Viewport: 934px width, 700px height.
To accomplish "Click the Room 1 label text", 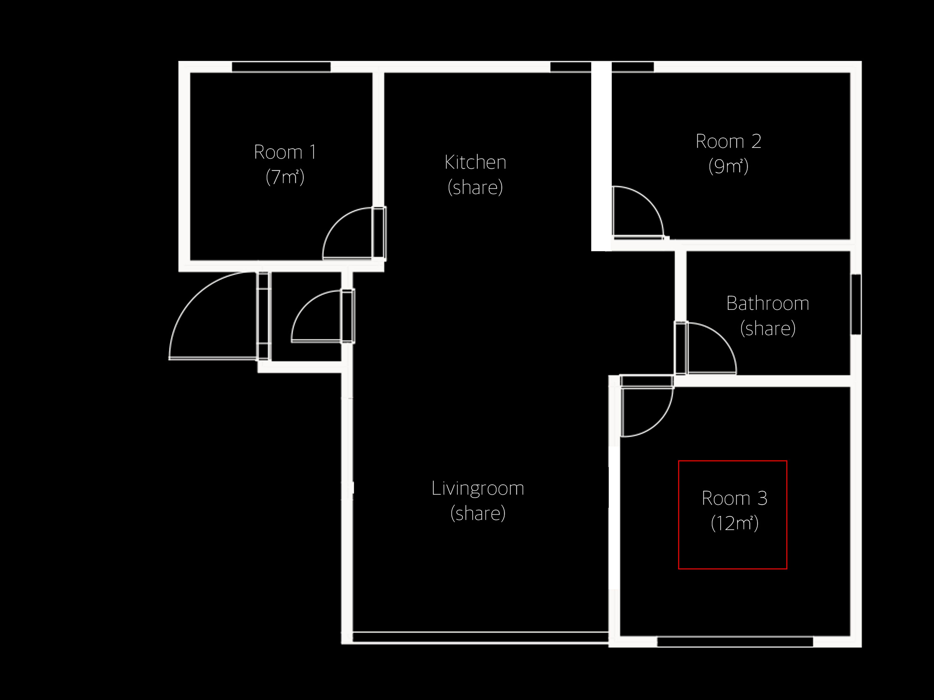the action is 285,152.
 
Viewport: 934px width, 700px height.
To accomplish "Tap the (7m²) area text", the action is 285,177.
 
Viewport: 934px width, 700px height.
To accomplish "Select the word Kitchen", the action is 476,162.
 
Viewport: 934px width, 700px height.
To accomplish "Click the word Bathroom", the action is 768,303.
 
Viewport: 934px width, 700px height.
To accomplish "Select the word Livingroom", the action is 477,489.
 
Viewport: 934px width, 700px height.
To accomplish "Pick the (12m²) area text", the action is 735,523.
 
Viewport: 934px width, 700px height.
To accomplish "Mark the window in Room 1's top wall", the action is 281,67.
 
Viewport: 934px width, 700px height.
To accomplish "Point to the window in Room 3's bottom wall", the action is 735,642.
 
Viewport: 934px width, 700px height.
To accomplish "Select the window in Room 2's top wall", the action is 633,67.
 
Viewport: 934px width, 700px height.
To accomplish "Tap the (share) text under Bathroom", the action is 768,329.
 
